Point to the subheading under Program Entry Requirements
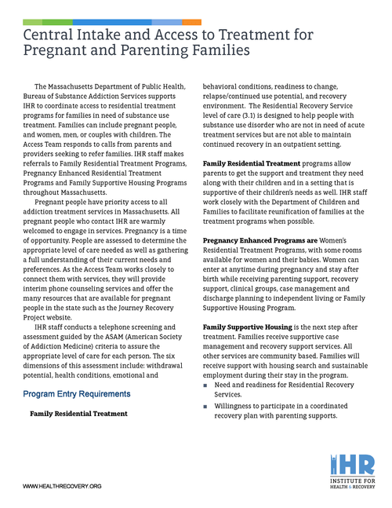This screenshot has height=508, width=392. pos(78,412)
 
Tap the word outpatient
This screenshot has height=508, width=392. pos(308,144)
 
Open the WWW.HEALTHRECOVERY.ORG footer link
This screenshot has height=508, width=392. pos(63,487)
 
